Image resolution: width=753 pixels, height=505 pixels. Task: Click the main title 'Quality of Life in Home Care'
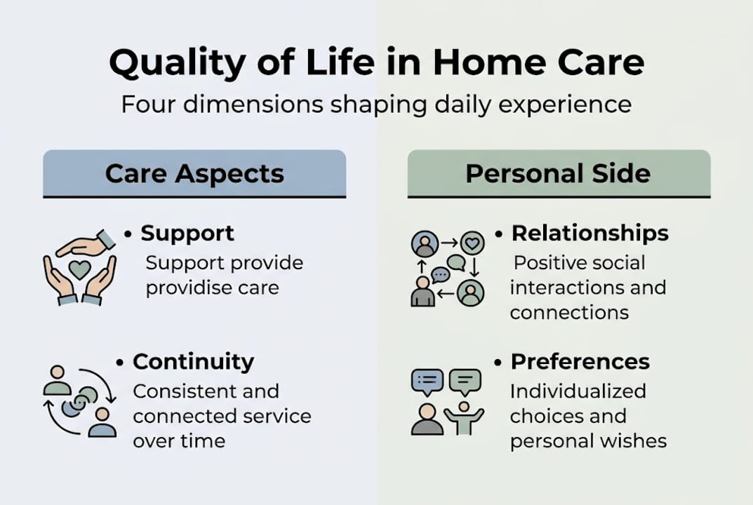pos(376,64)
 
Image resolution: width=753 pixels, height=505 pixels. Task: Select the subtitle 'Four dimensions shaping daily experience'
pos(376,105)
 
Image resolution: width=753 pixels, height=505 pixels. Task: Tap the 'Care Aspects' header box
pos(194,173)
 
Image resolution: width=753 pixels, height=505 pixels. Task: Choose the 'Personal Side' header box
pos(558,173)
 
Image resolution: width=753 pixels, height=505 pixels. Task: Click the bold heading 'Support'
pos(187,234)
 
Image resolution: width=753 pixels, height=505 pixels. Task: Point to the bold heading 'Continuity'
pos(193,362)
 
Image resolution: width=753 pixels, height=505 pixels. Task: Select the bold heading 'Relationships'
pos(589,234)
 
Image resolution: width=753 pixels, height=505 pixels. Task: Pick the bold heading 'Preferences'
pos(580,362)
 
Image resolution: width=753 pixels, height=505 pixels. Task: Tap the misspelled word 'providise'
pos(182,288)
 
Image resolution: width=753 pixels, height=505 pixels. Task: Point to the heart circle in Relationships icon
pos(472,243)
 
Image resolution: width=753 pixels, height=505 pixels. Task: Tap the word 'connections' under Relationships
pos(569,313)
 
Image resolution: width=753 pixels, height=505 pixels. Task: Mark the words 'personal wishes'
pos(588,441)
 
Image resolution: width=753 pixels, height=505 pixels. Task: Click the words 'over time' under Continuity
pos(179,441)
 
